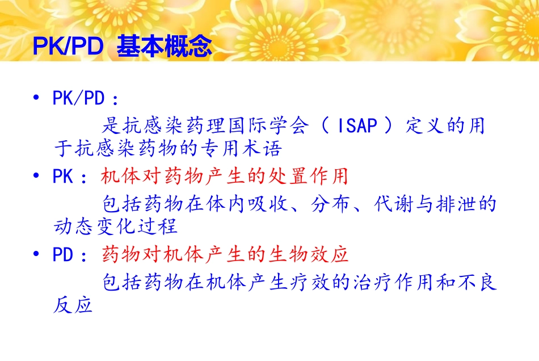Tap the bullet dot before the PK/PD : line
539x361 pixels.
click(x=37, y=98)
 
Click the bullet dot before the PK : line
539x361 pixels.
click(x=37, y=176)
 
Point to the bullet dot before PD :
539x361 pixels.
click(x=37, y=254)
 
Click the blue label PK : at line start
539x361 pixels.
click(x=70, y=177)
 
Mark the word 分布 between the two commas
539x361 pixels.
click(x=330, y=204)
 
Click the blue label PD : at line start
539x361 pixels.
click(x=70, y=255)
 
